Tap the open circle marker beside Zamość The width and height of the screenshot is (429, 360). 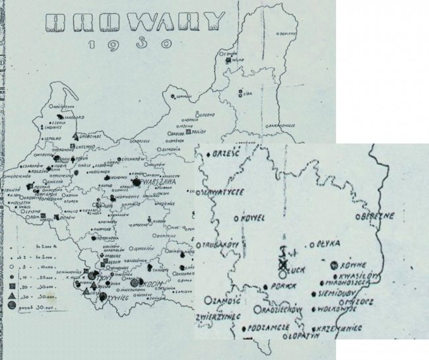(x=209, y=299)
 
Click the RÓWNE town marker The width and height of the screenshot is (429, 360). (x=334, y=265)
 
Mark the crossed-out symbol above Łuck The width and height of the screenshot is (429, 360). (x=283, y=263)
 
